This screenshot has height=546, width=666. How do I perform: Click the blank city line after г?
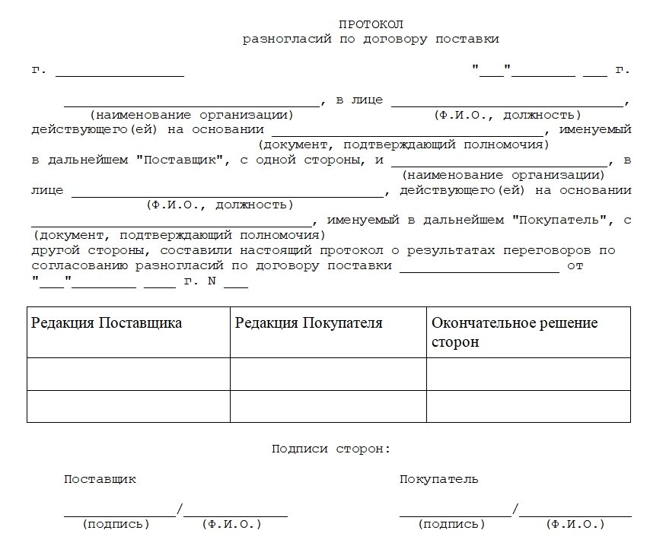[119, 74]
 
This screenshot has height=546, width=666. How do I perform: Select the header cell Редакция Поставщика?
[107, 323]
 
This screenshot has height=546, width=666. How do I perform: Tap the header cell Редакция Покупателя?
[309, 323]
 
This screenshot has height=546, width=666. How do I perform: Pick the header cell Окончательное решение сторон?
[515, 332]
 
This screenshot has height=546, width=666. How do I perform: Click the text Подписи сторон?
[331, 449]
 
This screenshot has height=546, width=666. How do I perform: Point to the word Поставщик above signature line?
[100, 480]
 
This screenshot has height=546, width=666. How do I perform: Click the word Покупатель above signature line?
[439, 480]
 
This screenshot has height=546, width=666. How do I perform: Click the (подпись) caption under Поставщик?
[116, 525]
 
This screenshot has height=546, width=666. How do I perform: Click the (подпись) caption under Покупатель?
[451, 525]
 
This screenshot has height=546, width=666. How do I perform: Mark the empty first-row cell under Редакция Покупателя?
[328, 373]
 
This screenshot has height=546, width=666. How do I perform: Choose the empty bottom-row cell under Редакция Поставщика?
[129, 406]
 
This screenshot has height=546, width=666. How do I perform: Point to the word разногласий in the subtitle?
[278, 39]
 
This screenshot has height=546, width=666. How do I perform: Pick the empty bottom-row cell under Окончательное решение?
[528, 406]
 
